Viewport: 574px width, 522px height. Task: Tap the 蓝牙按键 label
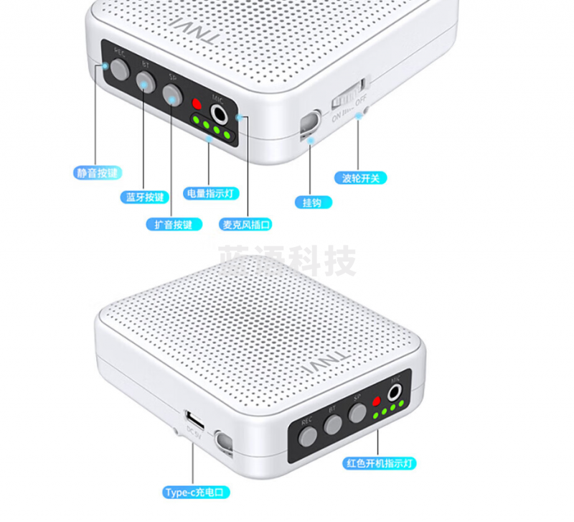[144, 197]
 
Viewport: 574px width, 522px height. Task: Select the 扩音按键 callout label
[173, 224]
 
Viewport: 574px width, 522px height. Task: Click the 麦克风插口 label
[246, 224]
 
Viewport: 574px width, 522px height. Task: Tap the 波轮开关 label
[360, 177]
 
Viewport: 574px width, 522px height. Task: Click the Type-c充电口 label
[196, 493]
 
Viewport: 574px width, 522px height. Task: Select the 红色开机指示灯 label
[380, 464]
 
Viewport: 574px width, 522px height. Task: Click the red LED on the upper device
[197, 105]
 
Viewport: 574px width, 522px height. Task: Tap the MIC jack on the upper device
[219, 113]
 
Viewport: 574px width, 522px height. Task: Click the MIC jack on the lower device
[395, 393]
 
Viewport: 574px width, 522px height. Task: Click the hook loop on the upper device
[309, 123]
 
